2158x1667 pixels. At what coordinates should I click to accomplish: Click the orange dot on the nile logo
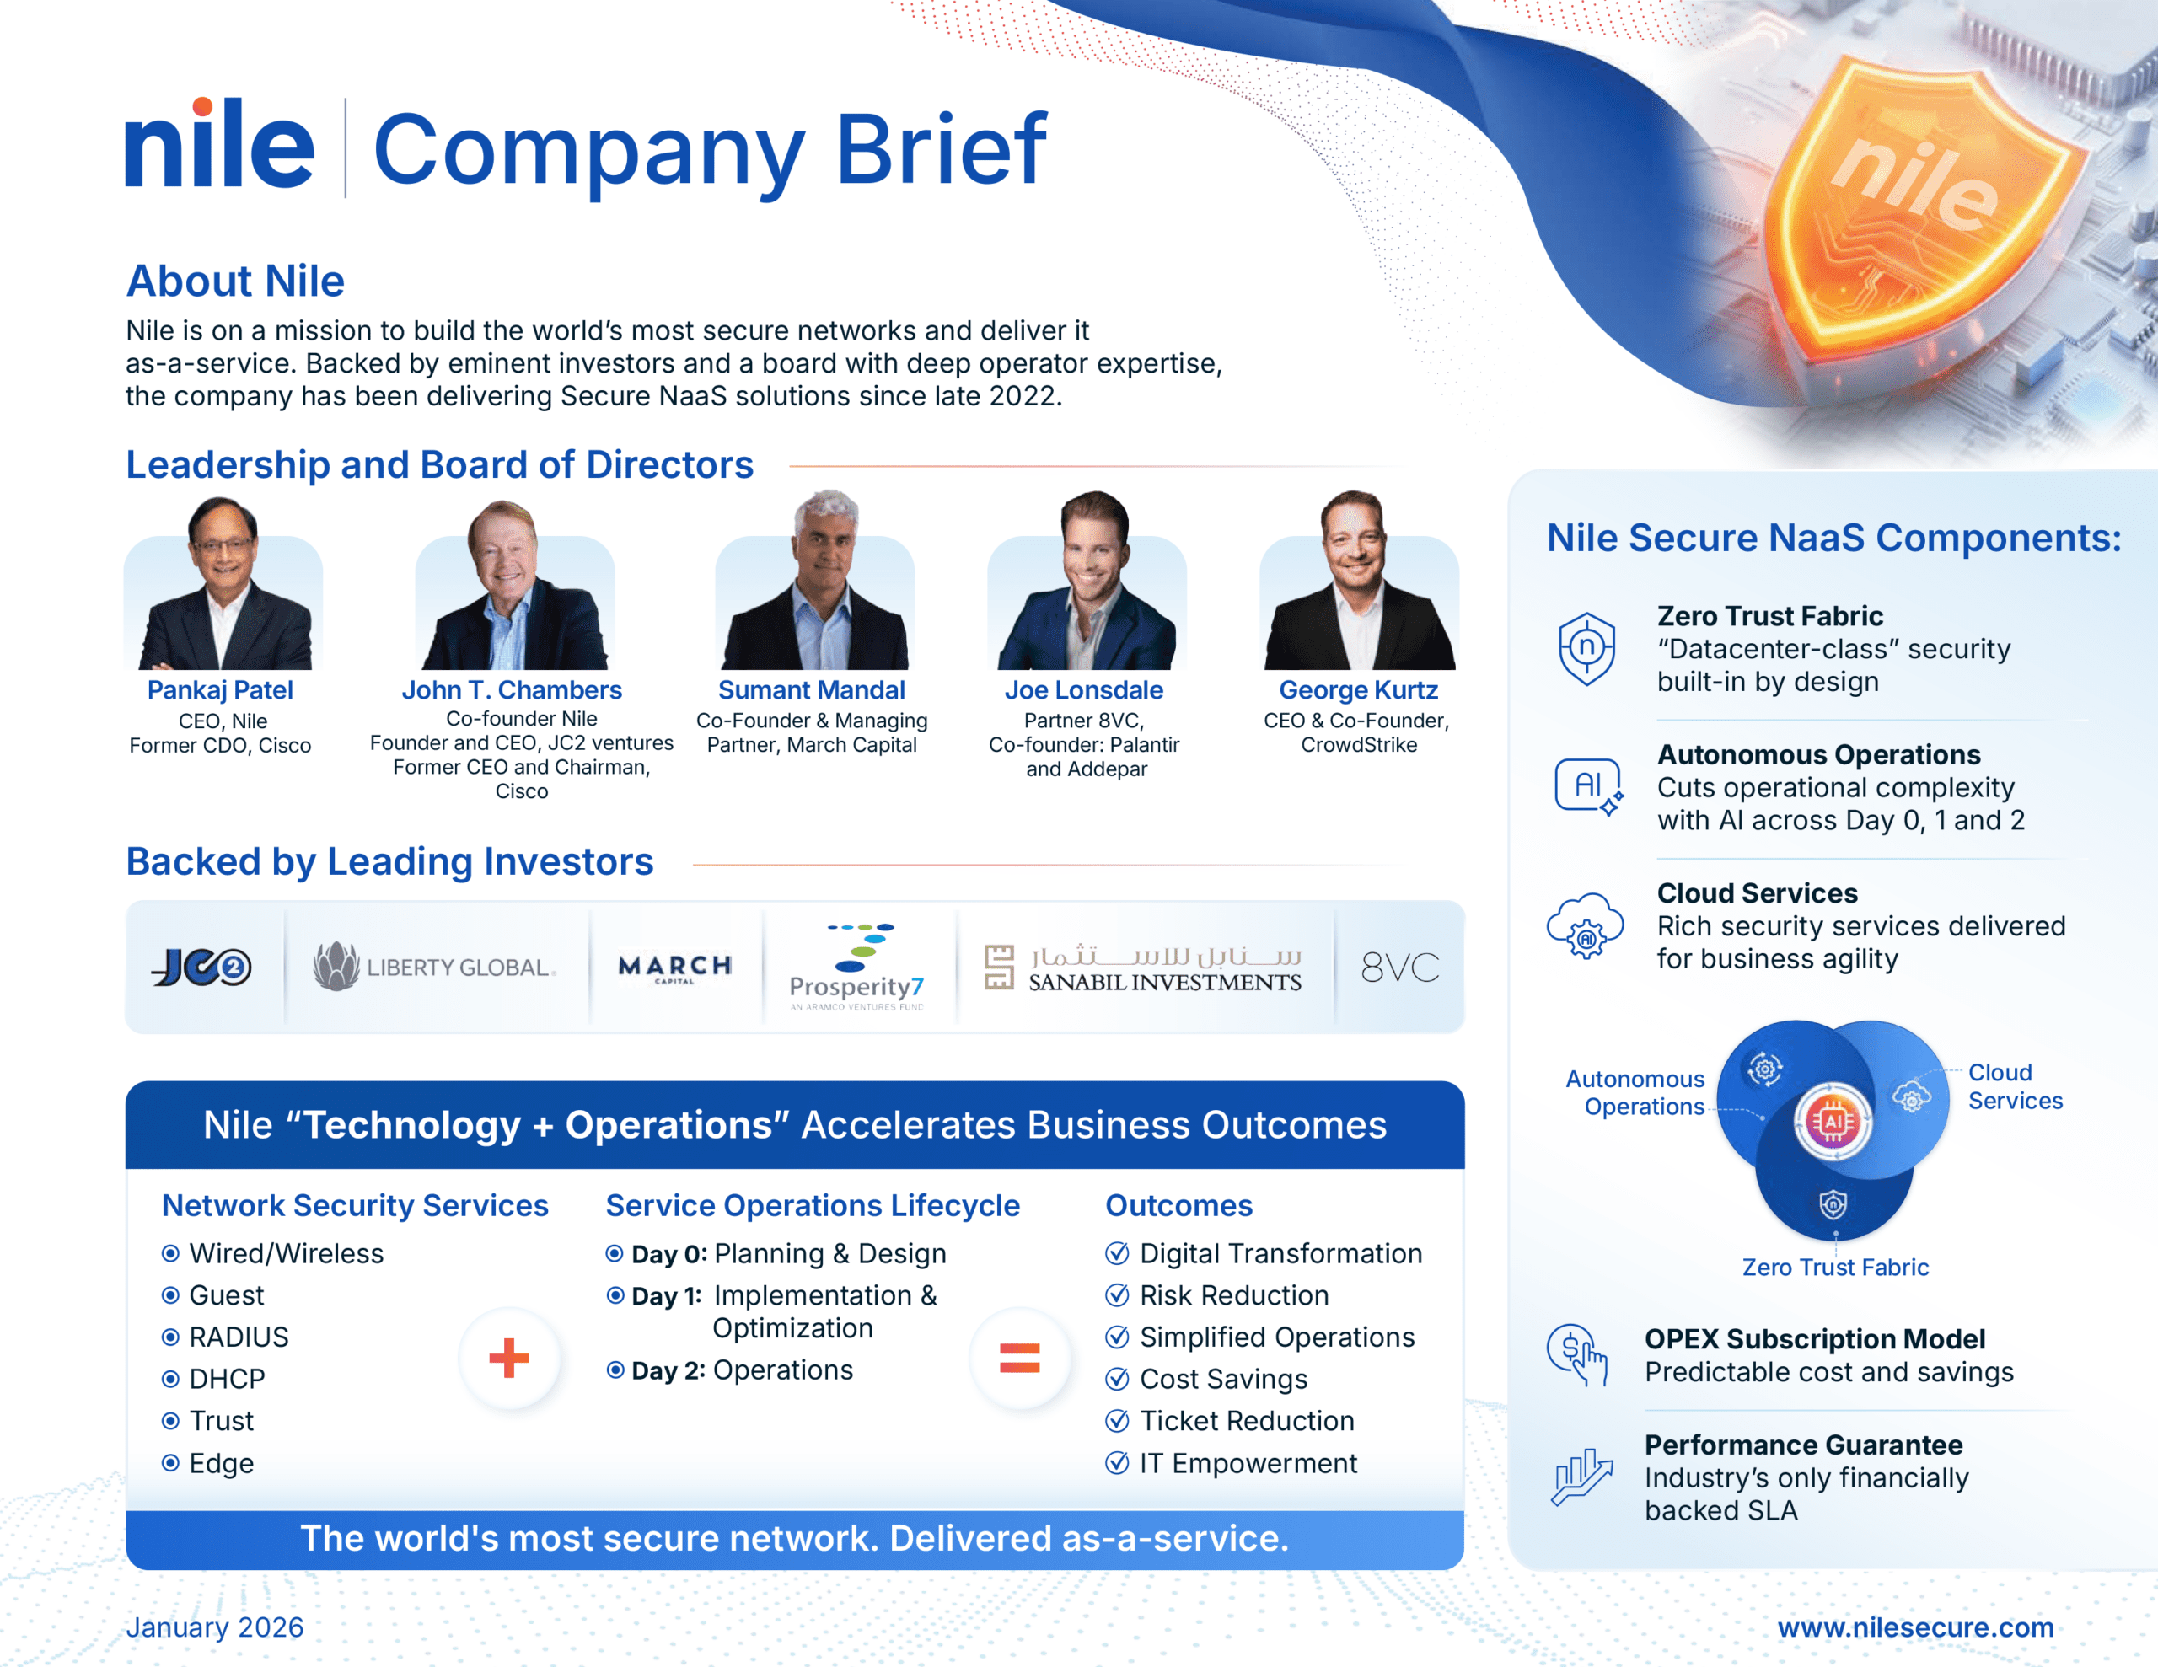point(202,107)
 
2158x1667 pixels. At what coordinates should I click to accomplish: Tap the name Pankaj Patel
point(220,689)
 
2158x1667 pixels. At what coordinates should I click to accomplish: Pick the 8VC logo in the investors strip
point(1400,968)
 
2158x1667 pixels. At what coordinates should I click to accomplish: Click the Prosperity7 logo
point(857,967)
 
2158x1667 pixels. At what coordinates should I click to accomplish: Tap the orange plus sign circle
point(510,1358)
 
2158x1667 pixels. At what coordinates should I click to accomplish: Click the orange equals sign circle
point(1020,1358)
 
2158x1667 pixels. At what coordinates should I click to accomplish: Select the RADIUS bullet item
point(225,1337)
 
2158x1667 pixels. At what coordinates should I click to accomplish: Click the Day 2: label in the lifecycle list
point(668,1370)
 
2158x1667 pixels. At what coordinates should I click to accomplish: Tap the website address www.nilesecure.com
point(1915,1627)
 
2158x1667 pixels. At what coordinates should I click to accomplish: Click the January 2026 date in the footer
point(214,1627)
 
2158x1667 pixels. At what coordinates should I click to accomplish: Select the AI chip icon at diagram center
point(1833,1122)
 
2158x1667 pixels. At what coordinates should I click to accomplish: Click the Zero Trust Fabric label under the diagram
point(1835,1267)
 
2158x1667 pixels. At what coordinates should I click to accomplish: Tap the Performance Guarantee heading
point(1803,1445)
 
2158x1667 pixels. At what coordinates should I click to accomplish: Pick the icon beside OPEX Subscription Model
point(1578,1354)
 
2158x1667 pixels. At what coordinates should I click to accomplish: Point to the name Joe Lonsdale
point(1084,689)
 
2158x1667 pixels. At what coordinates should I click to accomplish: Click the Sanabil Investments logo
point(1144,968)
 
